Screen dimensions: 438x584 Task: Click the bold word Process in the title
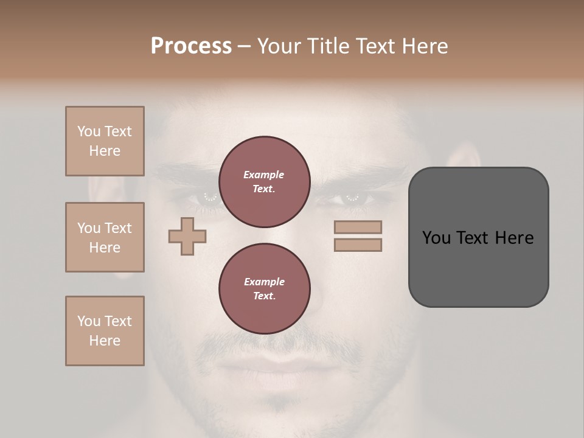[x=191, y=46]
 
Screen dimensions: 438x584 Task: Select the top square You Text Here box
[x=105, y=141]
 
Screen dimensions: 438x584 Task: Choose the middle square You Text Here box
[x=105, y=237]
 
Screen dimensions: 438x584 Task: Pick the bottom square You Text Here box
[x=105, y=331]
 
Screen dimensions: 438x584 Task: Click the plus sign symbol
[x=187, y=236]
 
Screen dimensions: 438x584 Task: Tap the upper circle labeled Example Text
[x=264, y=182]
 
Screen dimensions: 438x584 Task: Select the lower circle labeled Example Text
[x=264, y=289]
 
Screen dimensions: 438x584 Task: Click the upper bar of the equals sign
[x=358, y=227]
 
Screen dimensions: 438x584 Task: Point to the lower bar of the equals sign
[x=358, y=245]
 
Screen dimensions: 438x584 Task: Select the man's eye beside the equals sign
[x=352, y=198]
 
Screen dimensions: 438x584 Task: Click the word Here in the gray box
[x=514, y=238]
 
